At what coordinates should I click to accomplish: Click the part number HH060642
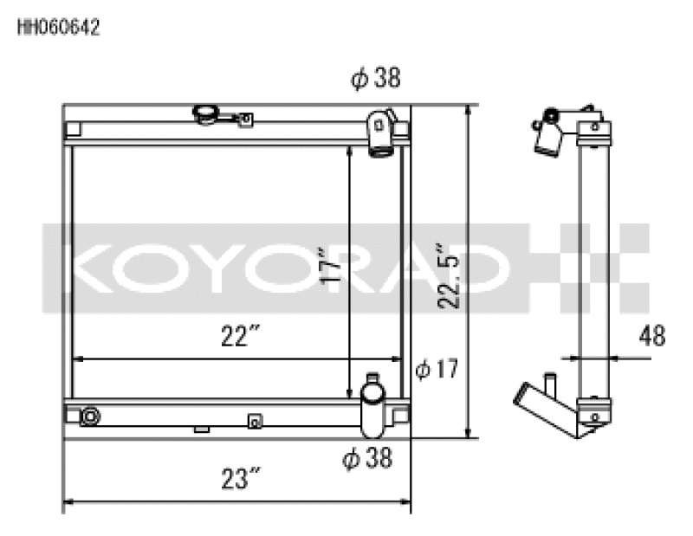click(x=59, y=28)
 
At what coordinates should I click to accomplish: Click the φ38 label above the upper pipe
click(x=375, y=80)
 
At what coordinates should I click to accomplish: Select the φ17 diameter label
click(x=436, y=371)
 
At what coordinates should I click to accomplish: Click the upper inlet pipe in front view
click(x=380, y=134)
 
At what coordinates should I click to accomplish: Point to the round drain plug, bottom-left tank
click(x=89, y=417)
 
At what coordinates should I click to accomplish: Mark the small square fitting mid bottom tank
click(x=254, y=421)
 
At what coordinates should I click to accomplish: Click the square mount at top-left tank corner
click(x=73, y=130)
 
